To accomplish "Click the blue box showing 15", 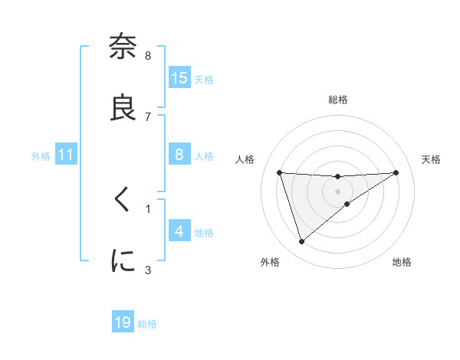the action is (179, 78).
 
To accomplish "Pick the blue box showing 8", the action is (179, 155).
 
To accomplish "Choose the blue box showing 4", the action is (179, 231).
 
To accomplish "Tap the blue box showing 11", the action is (66, 155).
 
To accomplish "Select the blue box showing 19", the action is (123, 322).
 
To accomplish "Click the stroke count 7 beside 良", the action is (148, 116).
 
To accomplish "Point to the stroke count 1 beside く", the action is (148, 208).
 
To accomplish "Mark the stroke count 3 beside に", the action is (148, 270).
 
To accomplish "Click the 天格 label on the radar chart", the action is (432, 159).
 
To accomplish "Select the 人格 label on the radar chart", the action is (246, 159).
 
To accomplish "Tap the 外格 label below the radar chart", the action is (270, 262).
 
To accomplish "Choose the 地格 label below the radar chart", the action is (402, 262).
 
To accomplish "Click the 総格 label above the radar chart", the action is (338, 100).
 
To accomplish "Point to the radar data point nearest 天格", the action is (396, 172).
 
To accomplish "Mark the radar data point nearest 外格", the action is (301, 242).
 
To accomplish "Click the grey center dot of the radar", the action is (338, 191).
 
